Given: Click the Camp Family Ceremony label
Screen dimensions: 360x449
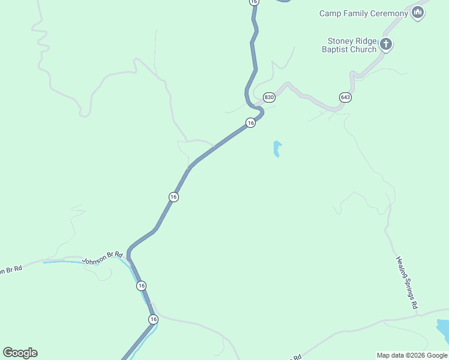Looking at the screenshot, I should coord(364,13).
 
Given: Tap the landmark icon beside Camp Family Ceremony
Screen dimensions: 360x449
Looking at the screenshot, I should coord(418,13).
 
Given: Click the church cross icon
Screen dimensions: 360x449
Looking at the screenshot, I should coord(385,44).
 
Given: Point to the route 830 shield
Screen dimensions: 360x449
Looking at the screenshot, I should coord(269,97).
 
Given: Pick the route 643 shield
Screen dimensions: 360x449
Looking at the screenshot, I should coord(345,97).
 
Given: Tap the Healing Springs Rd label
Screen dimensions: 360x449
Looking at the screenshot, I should coord(406,283).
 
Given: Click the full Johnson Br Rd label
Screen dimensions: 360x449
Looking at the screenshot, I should coord(102,259).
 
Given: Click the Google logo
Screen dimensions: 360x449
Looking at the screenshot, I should coord(20,353).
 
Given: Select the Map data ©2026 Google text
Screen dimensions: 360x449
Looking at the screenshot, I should coord(412,355).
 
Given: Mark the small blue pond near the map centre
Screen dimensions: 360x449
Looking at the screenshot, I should coord(277,149).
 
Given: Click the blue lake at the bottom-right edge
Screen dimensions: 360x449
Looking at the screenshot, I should coord(443,329).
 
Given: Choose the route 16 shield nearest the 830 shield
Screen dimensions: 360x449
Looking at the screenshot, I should coord(251,123).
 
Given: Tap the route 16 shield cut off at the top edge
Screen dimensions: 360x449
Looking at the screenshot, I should coord(254,2).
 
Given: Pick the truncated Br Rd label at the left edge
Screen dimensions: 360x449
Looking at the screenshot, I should coord(10,269).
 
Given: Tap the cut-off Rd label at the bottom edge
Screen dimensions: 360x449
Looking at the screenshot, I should coord(297,357).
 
